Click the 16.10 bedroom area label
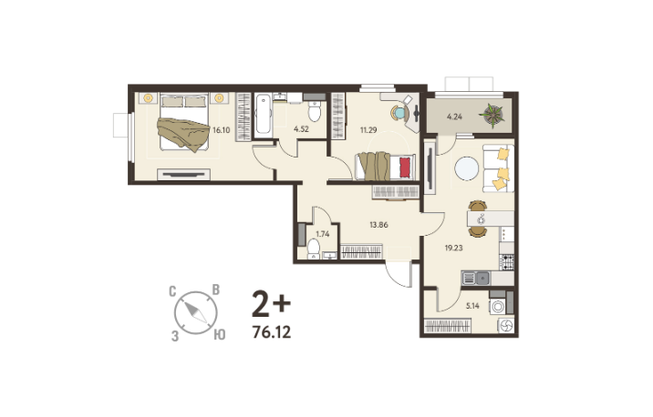click(x=221, y=130)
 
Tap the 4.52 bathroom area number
click(x=301, y=129)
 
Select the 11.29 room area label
click(x=368, y=130)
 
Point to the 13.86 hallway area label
click(x=379, y=225)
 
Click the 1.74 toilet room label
click(x=323, y=234)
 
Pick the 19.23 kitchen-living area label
click(x=453, y=249)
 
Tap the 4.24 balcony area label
click(x=454, y=117)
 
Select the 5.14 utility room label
click(x=472, y=306)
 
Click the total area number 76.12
click(x=272, y=332)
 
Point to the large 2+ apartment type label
click(x=271, y=304)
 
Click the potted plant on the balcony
click(x=492, y=114)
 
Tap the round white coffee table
click(x=466, y=168)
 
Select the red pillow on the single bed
click(x=405, y=168)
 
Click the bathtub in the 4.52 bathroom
click(x=263, y=114)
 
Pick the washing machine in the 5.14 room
click(x=497, y=307)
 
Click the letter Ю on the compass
click(x=220, y=335)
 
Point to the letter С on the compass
click(x=172, y=291)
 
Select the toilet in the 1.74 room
click(x=314, y=249)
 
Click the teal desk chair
click(x=399, y=113)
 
